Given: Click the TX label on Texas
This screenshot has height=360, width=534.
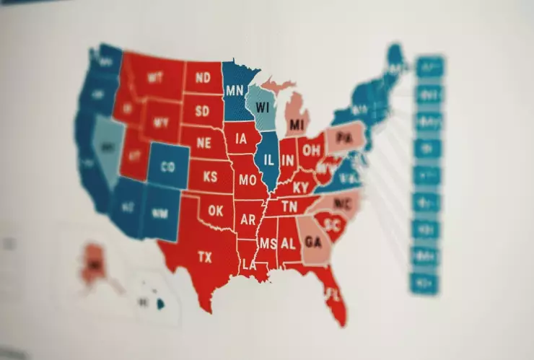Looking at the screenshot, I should [205, 257].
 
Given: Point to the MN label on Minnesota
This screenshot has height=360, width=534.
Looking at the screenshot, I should [234, 91].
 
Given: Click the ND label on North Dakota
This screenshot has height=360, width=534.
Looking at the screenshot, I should [203, 77].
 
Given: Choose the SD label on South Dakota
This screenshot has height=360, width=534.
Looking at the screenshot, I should [203, 112].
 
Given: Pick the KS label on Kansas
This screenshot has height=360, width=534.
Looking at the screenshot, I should [211, 177].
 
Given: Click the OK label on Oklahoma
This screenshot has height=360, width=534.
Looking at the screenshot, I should [216, 211].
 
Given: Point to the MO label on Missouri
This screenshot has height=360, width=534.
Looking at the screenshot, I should [247, 180].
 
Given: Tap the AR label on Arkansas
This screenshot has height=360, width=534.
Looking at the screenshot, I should [248, 219].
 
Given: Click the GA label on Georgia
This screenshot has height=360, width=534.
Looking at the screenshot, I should [313, 242].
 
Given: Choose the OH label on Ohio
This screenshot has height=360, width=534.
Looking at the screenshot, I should [312, 151].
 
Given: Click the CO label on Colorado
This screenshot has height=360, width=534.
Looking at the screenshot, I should [167, 167].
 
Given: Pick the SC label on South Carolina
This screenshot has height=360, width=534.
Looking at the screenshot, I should [332, 224].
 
